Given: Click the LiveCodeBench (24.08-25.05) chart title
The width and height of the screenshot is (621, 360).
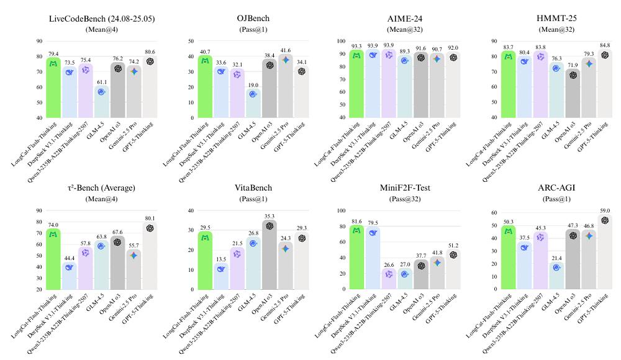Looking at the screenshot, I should pyautogui.click(x=101, y=18).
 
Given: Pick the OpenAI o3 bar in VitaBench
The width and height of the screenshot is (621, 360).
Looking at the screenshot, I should pyautogui.click(x=270, y=254).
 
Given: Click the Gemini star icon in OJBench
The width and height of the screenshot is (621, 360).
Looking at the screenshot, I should pyautogui.click(x=286, y=60).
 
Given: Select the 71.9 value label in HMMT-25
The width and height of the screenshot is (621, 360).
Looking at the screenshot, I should pyautogui.click(x=556, y=65).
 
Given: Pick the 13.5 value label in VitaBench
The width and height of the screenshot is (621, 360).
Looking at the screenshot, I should pyautogui.click(x=221, y=259).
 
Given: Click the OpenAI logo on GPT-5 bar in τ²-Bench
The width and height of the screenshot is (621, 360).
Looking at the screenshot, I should pyautogui.click(x=150, y=228).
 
